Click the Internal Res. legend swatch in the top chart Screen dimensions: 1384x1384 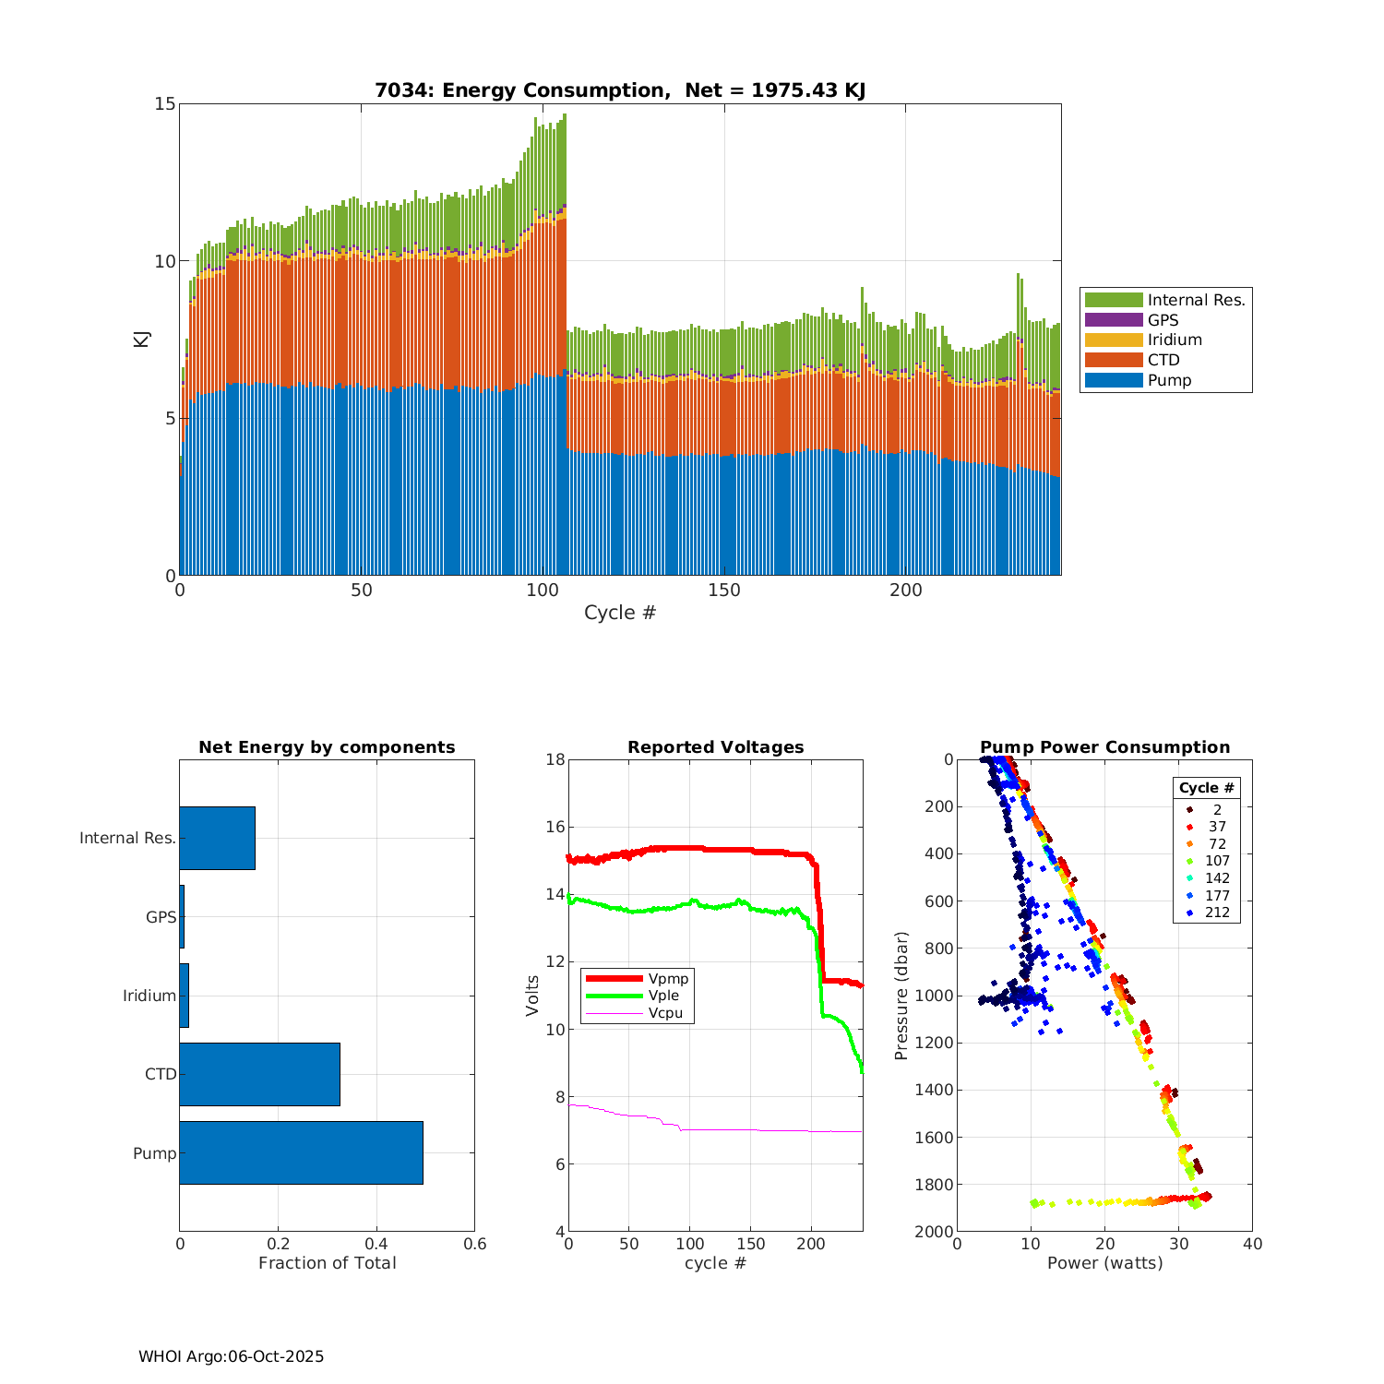[1114, 300]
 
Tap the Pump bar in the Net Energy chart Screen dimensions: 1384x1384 [301, 1152]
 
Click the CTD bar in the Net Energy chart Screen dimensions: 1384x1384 [259, 1074]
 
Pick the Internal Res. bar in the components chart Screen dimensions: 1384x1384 [217, 838]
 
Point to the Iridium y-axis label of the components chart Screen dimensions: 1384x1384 [149, 996]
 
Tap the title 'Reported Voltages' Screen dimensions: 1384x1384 [715, 747]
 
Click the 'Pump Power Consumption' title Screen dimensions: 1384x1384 [1104, 747]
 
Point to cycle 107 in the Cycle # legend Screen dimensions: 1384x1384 [1217, 861]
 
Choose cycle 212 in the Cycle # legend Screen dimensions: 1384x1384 [1217, 913]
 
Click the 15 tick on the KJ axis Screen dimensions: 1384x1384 [164, 103]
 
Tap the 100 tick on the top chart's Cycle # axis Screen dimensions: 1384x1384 [543, 591]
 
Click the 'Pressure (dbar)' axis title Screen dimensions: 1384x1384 [901, 995]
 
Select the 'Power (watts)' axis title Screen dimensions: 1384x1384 [1104, 1263]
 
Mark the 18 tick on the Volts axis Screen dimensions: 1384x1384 [555, 759]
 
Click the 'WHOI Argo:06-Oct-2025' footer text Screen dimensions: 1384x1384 [231, 1356]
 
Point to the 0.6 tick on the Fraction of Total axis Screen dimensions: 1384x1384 [474, 1244]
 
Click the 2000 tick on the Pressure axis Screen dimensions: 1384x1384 [934, 1232]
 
